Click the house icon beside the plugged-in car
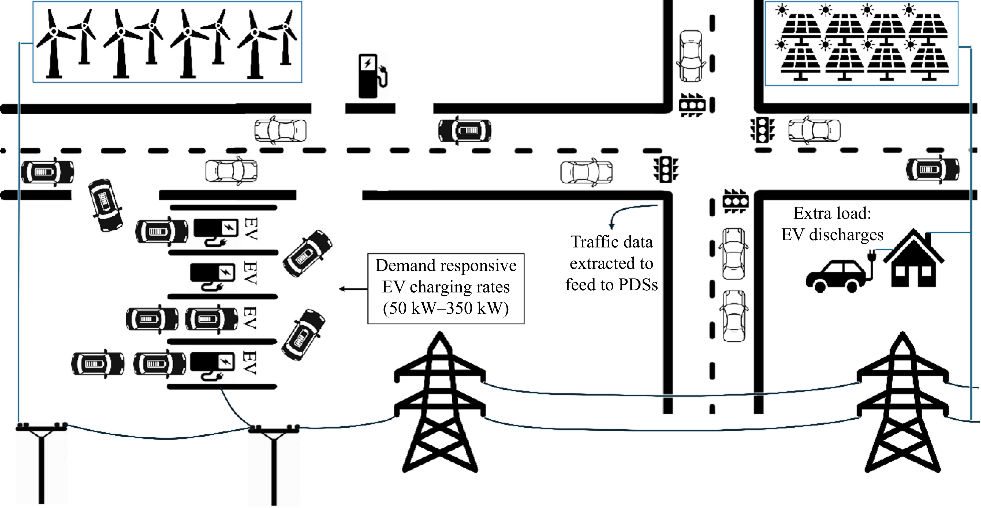(x=913, y=261)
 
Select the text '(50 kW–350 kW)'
(x=446, y=308)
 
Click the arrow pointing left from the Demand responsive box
(x=353, y=289)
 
